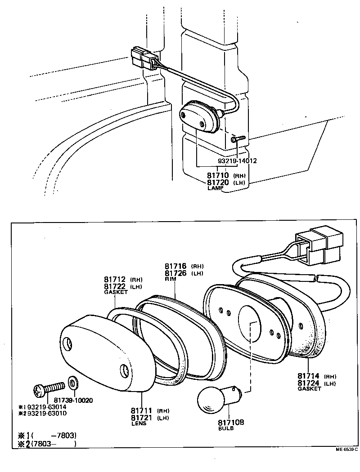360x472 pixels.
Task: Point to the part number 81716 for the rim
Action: click(x=175, y=266)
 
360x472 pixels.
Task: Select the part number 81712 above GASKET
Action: click(x=115, y=279)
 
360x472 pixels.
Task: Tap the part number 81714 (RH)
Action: click(x=309, y=376)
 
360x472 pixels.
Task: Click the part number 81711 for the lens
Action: click(x=142, y=410)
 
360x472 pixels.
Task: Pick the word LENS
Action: click(x=139, y=423)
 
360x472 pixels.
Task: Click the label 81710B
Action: click(x=231, y=422)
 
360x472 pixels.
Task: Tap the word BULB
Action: click(x=226, y=428)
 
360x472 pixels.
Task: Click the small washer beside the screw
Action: click(x=72, y=383)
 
